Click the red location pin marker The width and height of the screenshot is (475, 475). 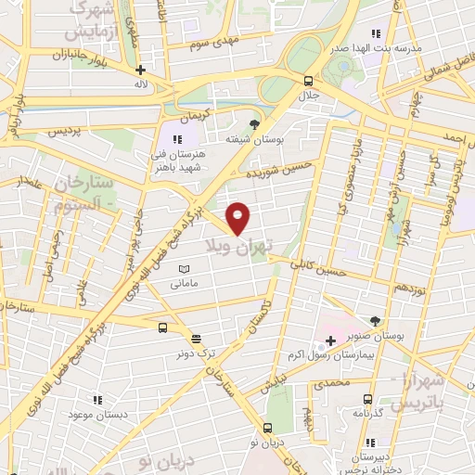click(238, 217)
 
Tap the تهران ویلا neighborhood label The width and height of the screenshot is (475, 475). click(239, 243)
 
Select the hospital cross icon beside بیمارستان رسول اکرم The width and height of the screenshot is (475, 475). click(330, 340)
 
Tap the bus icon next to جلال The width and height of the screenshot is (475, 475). click(308, 80)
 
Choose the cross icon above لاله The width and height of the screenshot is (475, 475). click(140, 70)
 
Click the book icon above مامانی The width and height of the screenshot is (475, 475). click(182, 268)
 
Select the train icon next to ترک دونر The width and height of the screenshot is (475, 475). click(195, 339)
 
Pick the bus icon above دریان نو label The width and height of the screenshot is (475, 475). click(267, 428)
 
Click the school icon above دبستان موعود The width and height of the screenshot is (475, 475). click(96, 400)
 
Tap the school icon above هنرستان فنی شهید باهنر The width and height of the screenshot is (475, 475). click(176, 139)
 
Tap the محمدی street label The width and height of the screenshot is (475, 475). click(331, 381)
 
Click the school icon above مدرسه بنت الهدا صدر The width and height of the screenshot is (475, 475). click(375, 34)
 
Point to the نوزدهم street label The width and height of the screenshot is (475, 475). click(407, 290)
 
